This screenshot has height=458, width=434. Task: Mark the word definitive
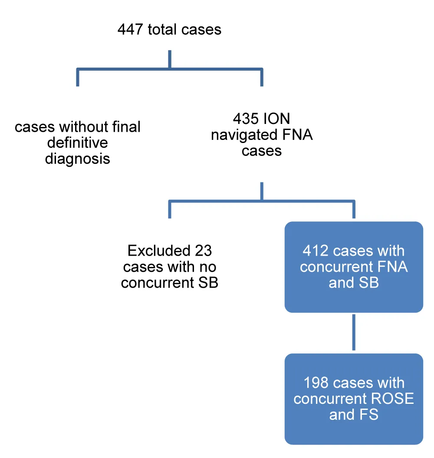point(78,143)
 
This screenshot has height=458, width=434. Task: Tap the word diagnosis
point(78,159)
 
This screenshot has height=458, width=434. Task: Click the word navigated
point(240,135)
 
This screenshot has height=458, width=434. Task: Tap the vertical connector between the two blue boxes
point(354,333)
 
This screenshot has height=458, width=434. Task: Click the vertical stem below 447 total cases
point(169,59)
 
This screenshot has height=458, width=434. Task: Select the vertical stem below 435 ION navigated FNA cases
point(262,191)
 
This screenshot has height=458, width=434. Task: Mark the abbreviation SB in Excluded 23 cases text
point(208,283)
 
